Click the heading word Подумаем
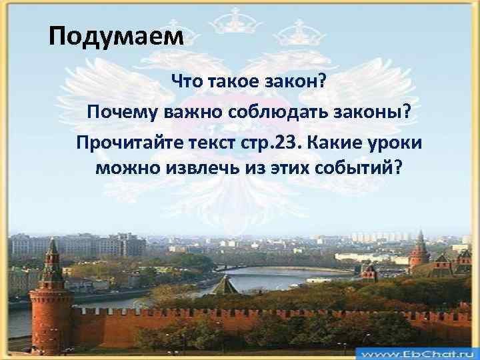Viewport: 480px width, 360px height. click(115, 35)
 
